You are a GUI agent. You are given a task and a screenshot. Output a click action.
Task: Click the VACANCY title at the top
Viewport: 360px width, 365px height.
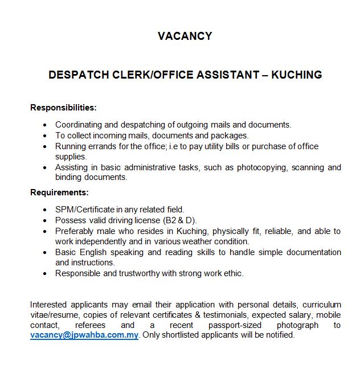click(185, 36)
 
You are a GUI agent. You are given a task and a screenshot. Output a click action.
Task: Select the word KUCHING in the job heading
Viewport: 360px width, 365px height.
click(296, 75)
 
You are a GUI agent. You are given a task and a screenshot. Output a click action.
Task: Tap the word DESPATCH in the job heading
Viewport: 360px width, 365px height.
click(75, 75)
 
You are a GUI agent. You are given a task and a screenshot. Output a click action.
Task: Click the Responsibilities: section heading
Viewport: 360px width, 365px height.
click(63, 107)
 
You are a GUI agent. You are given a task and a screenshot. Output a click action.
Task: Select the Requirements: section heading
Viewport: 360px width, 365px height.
click(59, 192)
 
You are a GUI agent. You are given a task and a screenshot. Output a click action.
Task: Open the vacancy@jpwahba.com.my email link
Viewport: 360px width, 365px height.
click(84, 335)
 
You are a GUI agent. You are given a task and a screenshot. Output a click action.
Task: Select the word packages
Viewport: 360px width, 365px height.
click(230, 136)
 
